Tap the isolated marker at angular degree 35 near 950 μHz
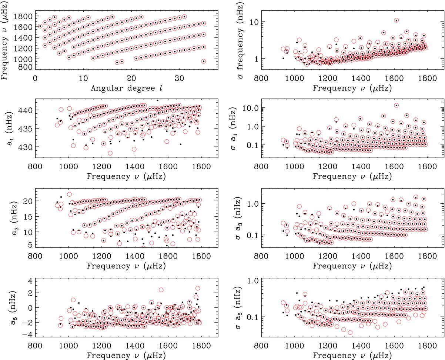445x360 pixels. [x=203, y=61]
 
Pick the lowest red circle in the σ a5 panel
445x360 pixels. [x=350, y=332]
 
